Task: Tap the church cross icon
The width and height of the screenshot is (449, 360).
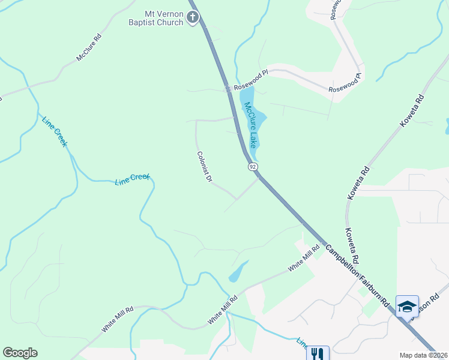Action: pyautogui.click(x=192, y=17)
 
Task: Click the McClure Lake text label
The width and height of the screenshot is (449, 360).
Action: pyautogui.click(x=250, y=125)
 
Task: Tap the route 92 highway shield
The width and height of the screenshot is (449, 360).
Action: pyautogui.click(x=253, y=166)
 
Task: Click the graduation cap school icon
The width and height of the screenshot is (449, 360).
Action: pyautogui.click(x=407, y=307)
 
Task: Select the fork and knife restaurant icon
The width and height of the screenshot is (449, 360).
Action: pyautogui.click(x=318, y=354)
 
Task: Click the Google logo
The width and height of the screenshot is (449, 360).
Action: pyautogui.click(x=20, y=353)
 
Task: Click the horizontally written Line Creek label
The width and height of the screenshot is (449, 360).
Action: pyautogui.click(x=132, y=179)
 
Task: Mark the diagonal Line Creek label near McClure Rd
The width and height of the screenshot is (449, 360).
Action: pyautogui.click(x=55, y=131)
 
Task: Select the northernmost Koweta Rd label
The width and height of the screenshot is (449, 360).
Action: pyautogui.click(x=412, y=113)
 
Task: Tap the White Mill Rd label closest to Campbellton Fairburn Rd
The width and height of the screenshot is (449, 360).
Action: pyautogui.click(x=304, y=259)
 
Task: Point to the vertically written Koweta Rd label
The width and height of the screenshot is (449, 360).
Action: pyautogui.click(x=352, y=246)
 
